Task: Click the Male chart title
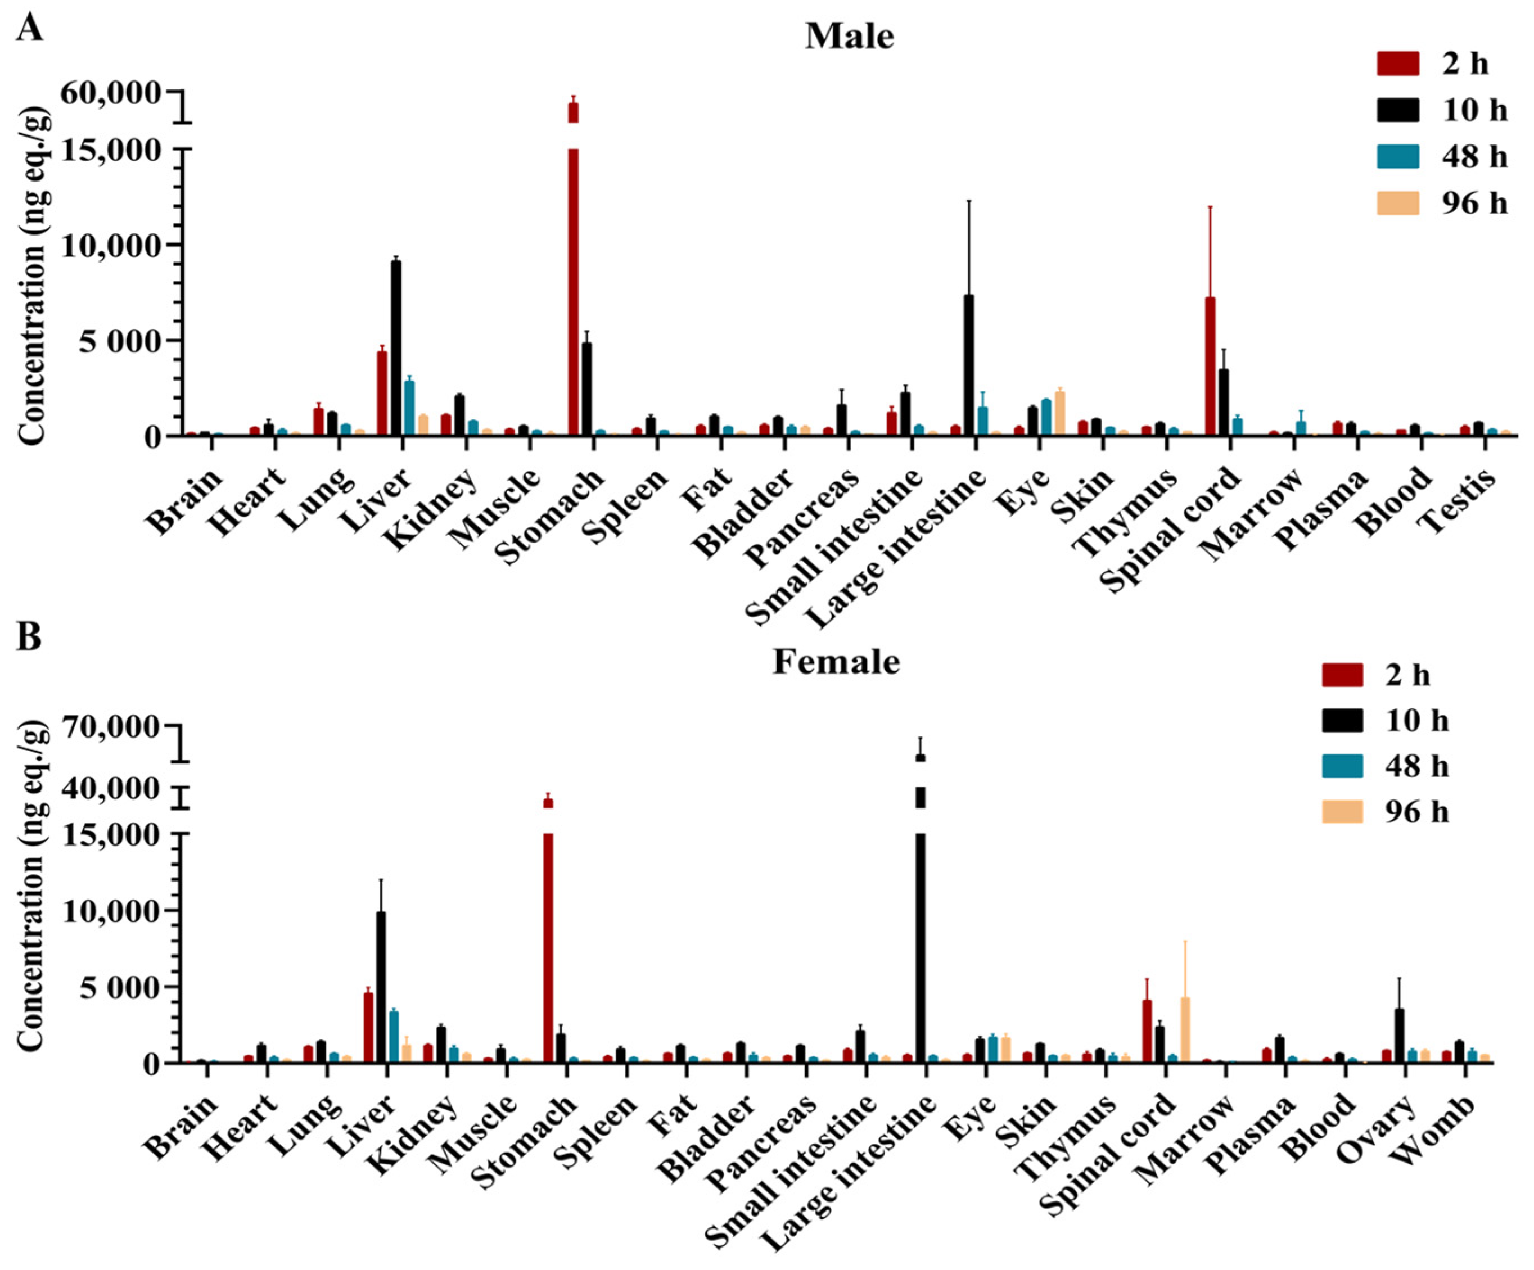point(850,37)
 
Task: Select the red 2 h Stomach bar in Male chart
point(574,278)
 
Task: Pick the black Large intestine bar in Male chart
point(969,365)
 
